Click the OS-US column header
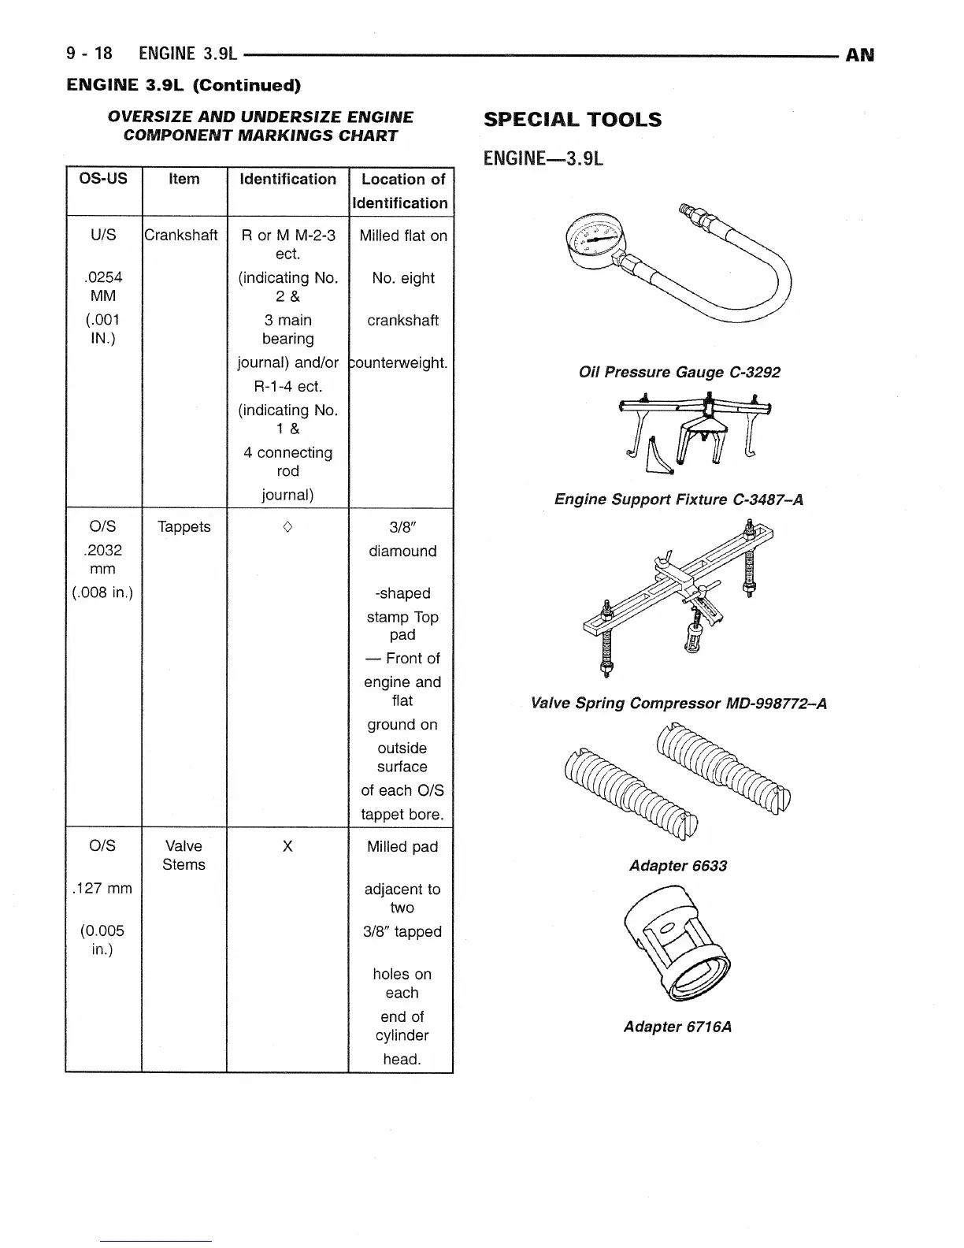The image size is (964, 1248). coord(103,179)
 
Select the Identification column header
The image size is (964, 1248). coord(287,180)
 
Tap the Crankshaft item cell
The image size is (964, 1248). coord(181,236)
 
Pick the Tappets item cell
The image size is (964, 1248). coord(184,527)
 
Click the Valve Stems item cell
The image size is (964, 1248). coord(184,856)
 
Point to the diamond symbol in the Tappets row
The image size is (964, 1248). coord(287,527)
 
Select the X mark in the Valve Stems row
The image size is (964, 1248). coord(287,846)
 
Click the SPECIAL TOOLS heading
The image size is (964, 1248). coord(573,121)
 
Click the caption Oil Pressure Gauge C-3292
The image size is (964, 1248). coord(679,373)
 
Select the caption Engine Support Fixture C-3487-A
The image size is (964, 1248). coord(679,500)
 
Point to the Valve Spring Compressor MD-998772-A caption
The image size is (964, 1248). coord(679,704)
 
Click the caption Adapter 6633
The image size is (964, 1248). coord(678,866)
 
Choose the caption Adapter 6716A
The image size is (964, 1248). coord(677,1027)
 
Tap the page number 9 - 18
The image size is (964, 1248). coord(90,54)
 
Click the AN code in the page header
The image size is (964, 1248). coord(859,54)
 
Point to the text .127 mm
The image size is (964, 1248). coord(102,889)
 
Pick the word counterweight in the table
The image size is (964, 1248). coord(400,363)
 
